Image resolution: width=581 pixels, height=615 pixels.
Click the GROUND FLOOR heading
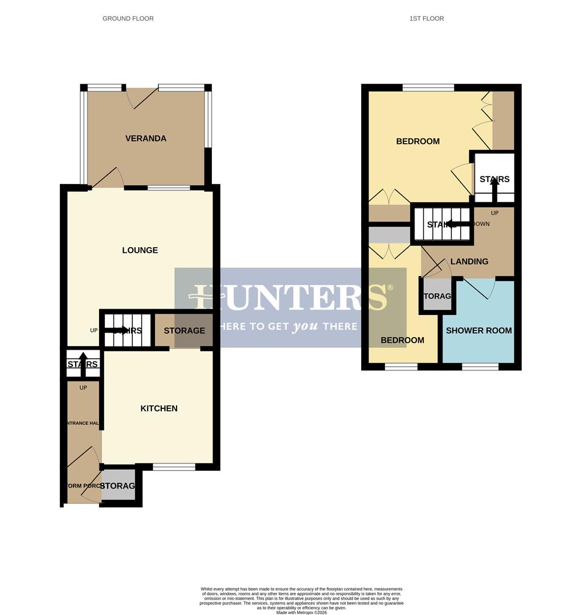[x=128, y=18]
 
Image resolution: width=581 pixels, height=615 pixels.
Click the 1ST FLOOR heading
[x=426, y=18]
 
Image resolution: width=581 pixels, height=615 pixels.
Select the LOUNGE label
[x=140, y=250]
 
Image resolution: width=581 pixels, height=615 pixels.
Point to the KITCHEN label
[x=159, y=408]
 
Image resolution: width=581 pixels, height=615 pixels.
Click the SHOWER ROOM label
[x=478, y=330]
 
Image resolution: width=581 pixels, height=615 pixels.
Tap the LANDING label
[x=469, y=261]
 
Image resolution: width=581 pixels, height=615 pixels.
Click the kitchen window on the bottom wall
[x=174, y=467]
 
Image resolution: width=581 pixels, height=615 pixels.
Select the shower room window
[x=480, y=367]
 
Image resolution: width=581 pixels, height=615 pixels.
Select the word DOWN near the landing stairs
[x=481, y=224]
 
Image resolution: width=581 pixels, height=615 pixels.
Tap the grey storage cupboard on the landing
[x=437, y=296]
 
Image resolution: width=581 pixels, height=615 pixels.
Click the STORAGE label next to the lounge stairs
[x=184, y=330]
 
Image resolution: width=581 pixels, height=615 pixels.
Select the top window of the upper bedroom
[x=428, y=87]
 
